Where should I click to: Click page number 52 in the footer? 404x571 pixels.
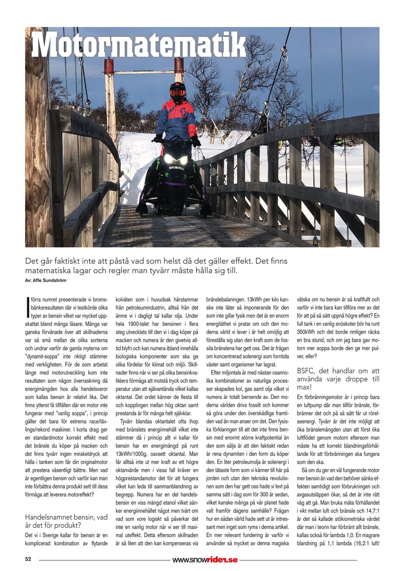[28, 559]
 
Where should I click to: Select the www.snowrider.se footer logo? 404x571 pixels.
[205, 560]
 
